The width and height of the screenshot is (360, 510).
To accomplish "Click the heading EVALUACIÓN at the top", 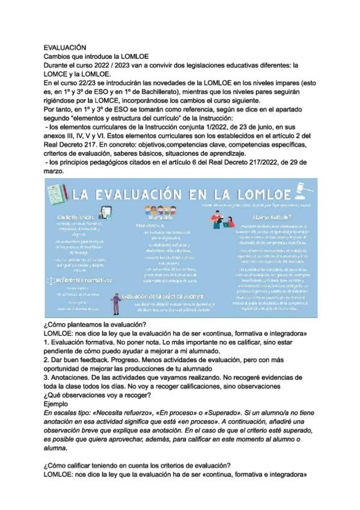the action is pyautogui.click(x=66, y=47).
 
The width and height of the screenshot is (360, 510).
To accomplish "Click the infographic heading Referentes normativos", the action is pyautogui.click(x=83, y=280).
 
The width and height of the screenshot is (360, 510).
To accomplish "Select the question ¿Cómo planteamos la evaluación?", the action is pyautogui.click(x=96, y=325).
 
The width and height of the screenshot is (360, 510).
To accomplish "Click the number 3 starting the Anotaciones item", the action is pyautogui.click(x=46, y=373).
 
